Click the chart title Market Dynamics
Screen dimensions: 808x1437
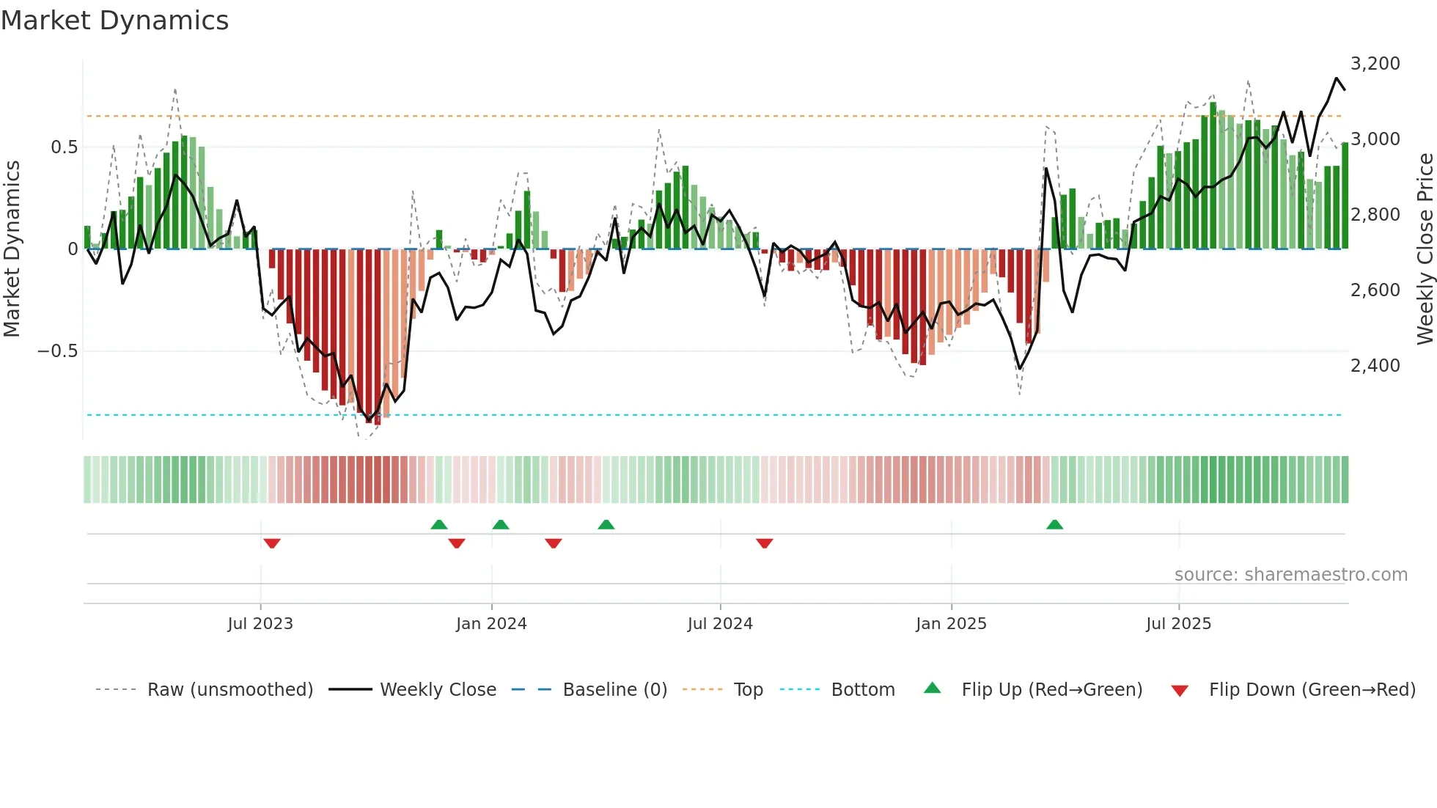[x=114, y=21]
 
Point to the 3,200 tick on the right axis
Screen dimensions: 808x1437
[x=1375, y=64]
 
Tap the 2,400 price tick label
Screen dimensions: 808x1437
[x=1375, y=366]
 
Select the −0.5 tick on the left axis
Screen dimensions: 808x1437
[x=57, y=351]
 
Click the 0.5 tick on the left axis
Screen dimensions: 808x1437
[x=64, y=147]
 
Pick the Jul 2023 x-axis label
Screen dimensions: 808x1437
[x=260, y=624]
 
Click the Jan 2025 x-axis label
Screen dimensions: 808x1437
[x=951, y=624]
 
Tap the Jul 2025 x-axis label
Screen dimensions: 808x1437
[x=1178, y=624]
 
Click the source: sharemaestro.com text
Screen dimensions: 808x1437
[x=1290, y=575]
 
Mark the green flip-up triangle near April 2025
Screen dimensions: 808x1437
[x=1054, y=524]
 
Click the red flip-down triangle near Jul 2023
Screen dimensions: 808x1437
[x=272, y=543]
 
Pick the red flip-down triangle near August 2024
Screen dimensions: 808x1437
[x=764, y=543]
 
